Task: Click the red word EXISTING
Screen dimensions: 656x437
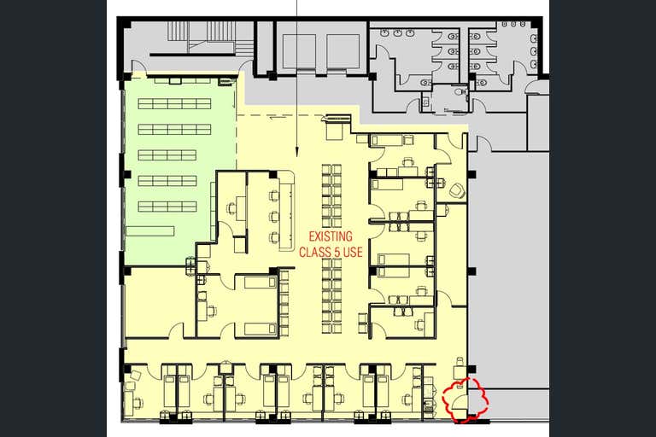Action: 331,236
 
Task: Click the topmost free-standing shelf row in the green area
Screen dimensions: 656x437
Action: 174,103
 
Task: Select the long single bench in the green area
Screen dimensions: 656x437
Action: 150,231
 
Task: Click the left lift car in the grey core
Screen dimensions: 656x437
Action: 299,51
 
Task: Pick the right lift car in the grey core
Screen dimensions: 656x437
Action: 343,51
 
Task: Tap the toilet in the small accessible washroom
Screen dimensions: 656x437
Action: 461,91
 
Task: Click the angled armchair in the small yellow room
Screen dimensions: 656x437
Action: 457,191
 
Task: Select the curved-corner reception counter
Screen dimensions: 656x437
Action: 286,210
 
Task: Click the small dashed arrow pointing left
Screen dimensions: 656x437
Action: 278,118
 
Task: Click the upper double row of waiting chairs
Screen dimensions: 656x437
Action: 331,195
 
